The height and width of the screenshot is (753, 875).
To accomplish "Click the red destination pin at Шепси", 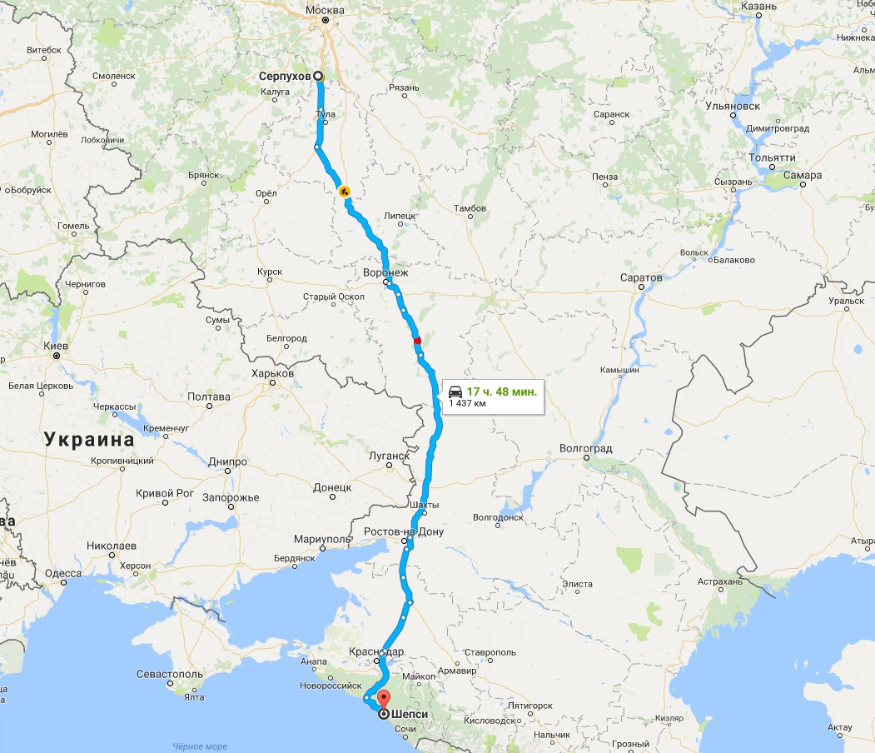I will point(383,699).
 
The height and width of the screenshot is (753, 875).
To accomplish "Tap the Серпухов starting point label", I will point(285,76).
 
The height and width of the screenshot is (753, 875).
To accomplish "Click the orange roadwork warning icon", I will point(344,191).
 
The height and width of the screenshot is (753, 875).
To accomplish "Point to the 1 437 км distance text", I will point(467,403).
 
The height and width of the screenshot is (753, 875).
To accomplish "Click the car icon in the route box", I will point(455,391).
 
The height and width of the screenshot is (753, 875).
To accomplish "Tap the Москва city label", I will point(325,9).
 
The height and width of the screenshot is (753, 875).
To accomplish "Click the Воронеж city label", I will point(386,272).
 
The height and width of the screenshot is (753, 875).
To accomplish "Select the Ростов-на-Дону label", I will point(404,531).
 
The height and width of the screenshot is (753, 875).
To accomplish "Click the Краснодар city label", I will point(378,651).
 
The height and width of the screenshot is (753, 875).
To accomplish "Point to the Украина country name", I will point(89,439).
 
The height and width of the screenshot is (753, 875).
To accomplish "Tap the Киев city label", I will point(55,345).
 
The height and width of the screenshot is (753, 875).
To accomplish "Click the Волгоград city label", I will point(585,449).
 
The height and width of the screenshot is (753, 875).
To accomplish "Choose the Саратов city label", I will point(641,277).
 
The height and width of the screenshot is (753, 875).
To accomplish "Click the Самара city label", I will point(803,176).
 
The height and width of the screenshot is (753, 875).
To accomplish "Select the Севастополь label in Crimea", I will point(170,673).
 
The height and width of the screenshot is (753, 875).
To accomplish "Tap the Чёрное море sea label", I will point(200,746).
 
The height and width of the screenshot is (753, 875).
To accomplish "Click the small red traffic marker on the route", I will point(417,340).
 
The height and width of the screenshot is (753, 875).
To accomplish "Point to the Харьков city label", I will point(272,373).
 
